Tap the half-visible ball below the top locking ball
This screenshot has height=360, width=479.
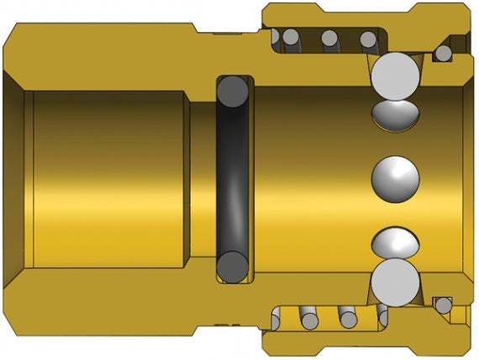coord(395,114)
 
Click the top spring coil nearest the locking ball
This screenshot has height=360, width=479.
coord(368,39)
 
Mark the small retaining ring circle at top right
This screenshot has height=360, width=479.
coord(443,54)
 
